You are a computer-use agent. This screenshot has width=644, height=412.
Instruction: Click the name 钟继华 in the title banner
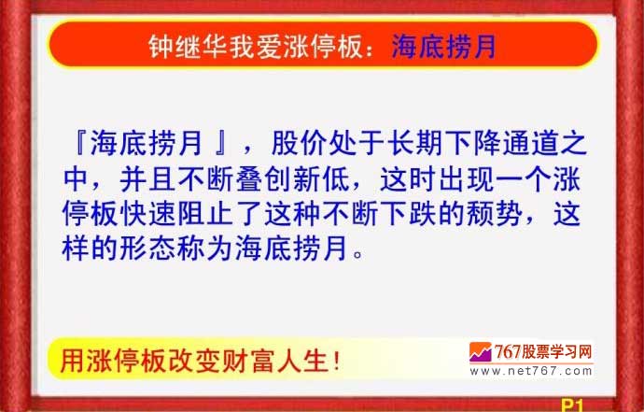[x=188, y=46]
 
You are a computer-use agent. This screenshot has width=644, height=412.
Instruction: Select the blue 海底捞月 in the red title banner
[x=443, y=46]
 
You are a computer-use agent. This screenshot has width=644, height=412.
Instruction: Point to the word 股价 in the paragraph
[x=299, y=143]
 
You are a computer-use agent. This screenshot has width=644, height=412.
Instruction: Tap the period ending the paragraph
[x=357, y=254]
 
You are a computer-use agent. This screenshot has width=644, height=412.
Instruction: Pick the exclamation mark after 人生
[x=337, y=361]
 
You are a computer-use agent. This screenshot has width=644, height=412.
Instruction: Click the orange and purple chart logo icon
[x=480, y=352]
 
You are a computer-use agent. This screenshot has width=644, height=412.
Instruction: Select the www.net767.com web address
[x=531, y=371]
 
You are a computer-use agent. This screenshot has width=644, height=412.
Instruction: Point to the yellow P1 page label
[x=572, y=405]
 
